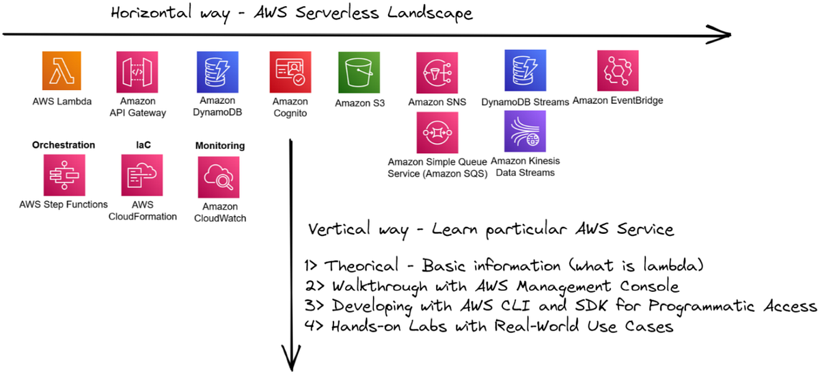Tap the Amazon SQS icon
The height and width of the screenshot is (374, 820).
point(437,133)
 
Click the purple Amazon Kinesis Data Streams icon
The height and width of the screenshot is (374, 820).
point(525,131)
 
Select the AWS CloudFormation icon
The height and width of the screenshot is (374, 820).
point(142,175)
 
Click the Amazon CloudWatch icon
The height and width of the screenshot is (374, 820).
point(217,177)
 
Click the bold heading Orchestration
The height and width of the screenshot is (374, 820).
point(64,145)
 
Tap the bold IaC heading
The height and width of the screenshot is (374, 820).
point(142,145)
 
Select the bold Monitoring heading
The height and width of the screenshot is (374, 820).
point(220,146)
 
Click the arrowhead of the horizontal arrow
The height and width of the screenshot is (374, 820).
point(723,35)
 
